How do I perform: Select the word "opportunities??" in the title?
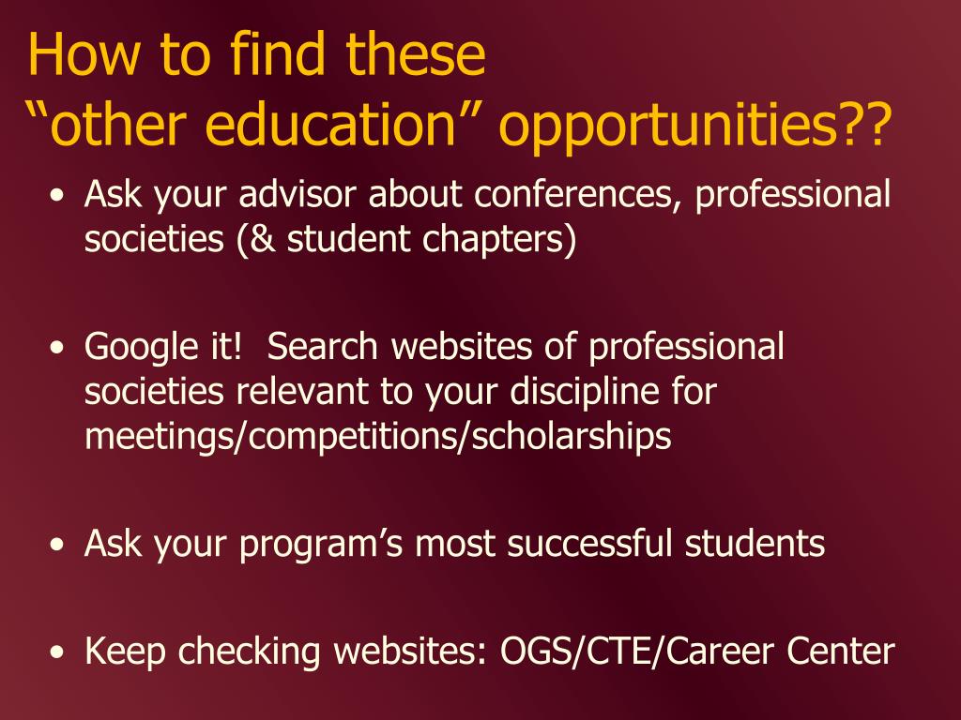pyautogui.click(x=694, y=127)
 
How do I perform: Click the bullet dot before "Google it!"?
pyautogui.click(x=57, y=347)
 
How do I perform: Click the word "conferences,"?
pyautogui.click(x=577, y=195)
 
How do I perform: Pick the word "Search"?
pyautogui.click(x=323, y=346)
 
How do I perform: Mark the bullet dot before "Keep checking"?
pyautogui.click(x=57, y=652)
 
